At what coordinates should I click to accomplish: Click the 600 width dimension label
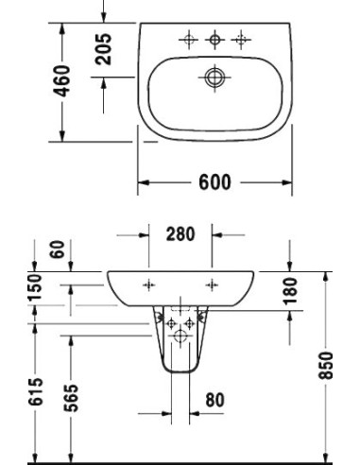[x=215, y=182]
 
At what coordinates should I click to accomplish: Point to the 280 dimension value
[x=180, y=233]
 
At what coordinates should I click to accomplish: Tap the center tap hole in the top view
[x=215, y=39]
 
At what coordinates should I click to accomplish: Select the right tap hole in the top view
[x=242, y=39]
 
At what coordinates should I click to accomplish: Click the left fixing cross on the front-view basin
[x=147, y=284]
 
